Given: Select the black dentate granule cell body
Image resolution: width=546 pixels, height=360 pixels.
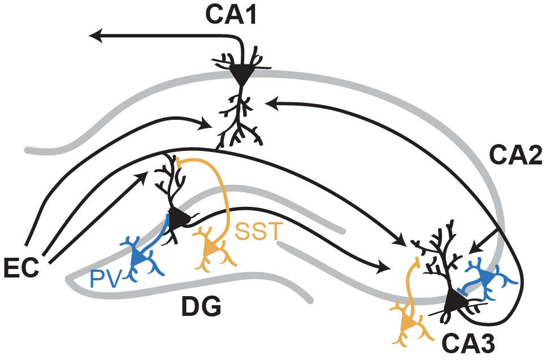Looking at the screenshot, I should point(180,218).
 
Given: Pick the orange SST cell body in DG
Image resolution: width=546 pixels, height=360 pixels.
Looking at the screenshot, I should point(213,247).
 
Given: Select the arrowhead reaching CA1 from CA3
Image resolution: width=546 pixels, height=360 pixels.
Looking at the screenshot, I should point(270,102).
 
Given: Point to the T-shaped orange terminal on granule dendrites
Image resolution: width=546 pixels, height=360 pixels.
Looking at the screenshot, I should point(179,161).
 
